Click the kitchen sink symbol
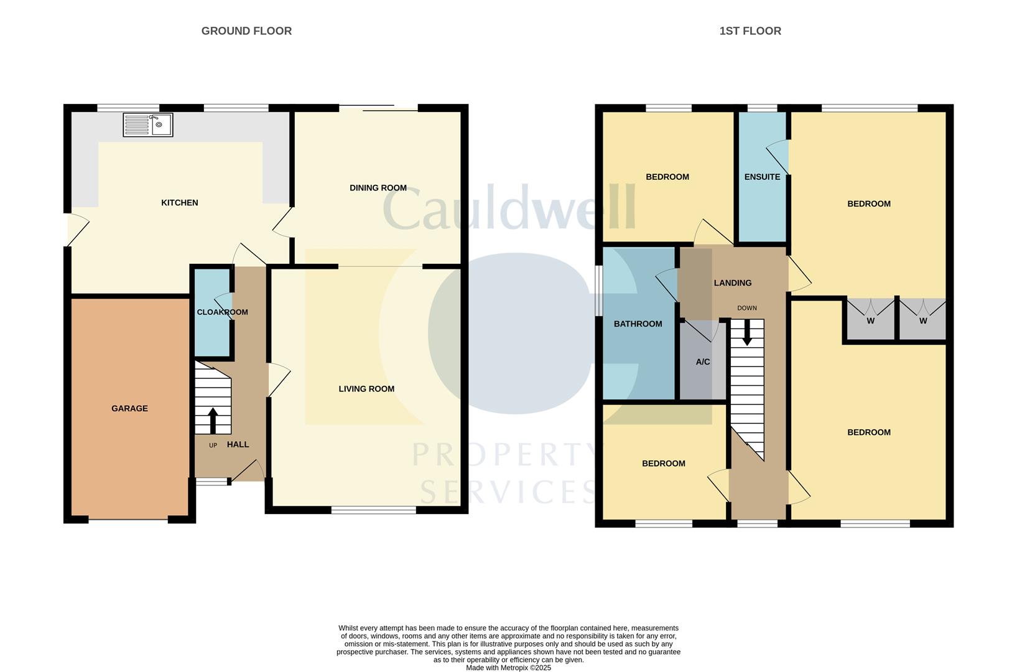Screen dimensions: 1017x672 pos(148,125)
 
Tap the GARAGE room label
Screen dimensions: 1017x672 pos(130,408)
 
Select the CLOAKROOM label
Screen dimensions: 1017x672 pos(223,312)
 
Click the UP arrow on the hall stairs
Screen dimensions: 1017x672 pos(213,421)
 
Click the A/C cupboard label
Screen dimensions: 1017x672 pos(703,362)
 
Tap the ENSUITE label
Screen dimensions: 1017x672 pos(763,177)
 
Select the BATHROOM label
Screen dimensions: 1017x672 pos(638,324)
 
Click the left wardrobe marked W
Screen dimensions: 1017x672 pos(871,320)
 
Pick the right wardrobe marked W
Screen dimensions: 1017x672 pos(923,320)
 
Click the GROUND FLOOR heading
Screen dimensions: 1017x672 pos(246,31)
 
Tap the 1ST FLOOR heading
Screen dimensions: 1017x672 pos(751,31)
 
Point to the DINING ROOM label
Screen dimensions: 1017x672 pos(378,187)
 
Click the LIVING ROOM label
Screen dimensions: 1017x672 pos(366,389)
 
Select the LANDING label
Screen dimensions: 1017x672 pos(733,283)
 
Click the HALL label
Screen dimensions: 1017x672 pos(238,444)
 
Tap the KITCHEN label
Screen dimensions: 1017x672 pos(180,202)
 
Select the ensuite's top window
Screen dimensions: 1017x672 pos(763,108)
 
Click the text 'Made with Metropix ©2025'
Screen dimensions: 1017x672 pos(509,668)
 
